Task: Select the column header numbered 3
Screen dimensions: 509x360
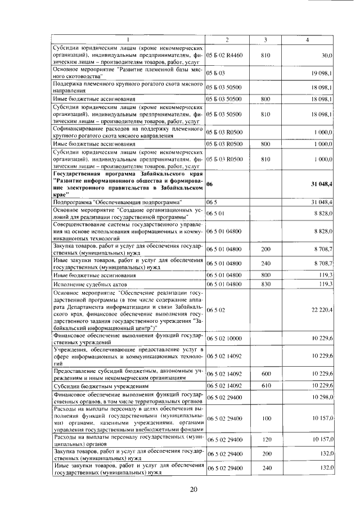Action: pyautogui.click(x=265, y=39)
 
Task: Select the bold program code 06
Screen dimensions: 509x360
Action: pyautogui.click(x=210, y=184)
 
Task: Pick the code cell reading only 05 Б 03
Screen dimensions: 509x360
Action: pyautogui.click(x=215, y=73)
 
